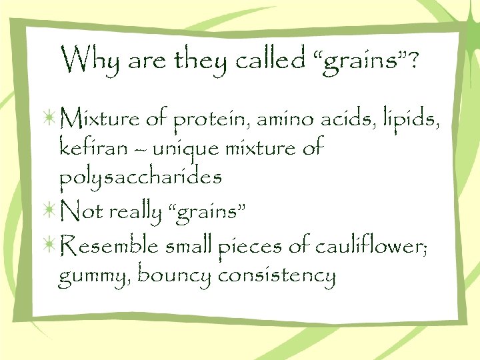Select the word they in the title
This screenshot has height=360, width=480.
197,61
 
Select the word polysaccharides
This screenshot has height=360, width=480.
140,177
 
